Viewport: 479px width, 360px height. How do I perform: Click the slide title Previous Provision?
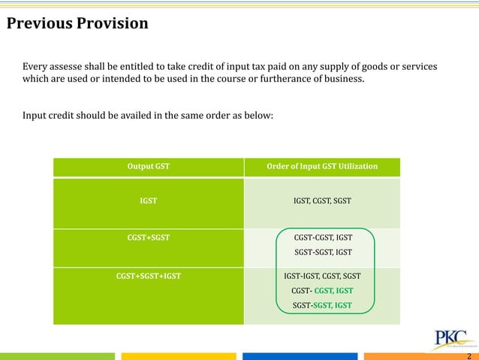(x=77, y=23)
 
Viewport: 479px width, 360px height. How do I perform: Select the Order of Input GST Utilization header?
(x=322, y=166)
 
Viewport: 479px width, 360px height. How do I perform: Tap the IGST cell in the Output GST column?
(x=148, y=201)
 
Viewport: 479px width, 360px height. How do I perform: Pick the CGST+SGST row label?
(x=148, y=237)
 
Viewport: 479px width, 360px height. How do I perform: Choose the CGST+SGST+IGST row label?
(x=148, y=275)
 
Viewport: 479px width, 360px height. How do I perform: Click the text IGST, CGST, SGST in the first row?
(x=322, y=201)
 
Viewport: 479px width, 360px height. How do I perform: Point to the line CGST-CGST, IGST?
(x=322, y=237)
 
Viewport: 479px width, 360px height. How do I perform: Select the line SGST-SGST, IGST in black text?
(x=322, y=252)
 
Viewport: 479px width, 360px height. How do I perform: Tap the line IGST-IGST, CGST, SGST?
(x=322, y=275)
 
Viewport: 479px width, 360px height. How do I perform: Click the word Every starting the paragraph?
(x=35, y=68)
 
